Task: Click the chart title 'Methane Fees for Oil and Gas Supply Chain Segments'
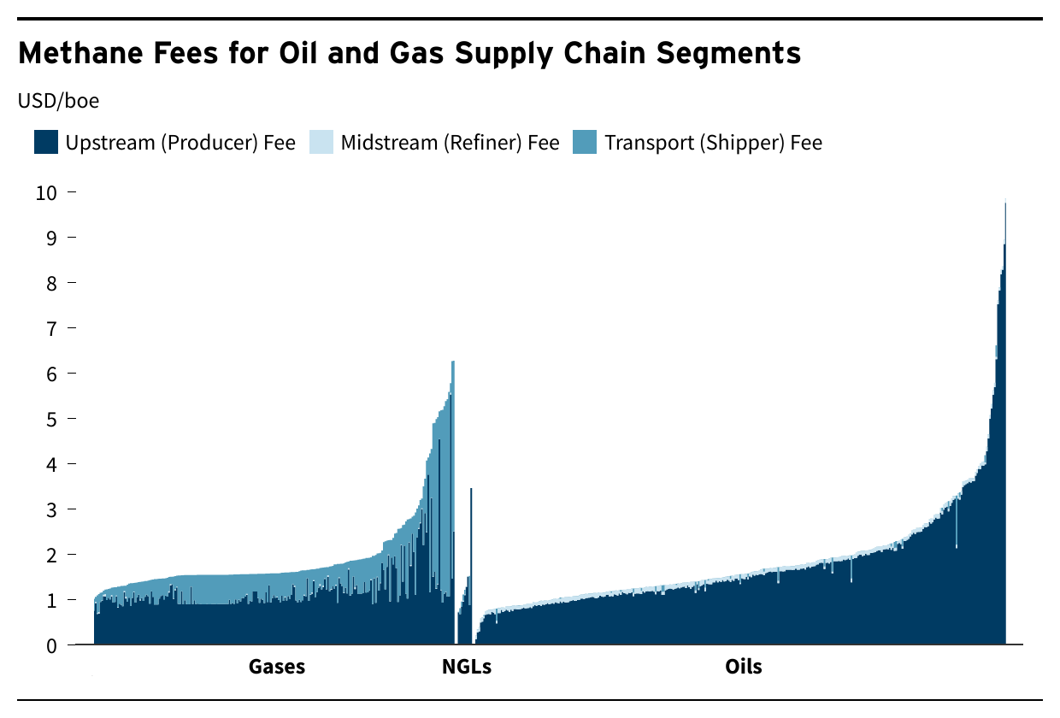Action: point(409,54)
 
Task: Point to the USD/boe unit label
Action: point(58,101)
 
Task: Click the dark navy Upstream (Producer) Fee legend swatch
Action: point(46,142)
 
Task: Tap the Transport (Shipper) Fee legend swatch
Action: point(585,142)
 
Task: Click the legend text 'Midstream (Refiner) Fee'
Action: point(450,142)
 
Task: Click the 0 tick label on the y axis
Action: point(51,646)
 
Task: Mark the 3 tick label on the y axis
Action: point(51,510)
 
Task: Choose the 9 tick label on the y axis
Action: point(51,238)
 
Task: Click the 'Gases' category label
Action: point(277,667)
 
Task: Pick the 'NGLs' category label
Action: point(467,667)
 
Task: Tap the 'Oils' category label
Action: point(743,667)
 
